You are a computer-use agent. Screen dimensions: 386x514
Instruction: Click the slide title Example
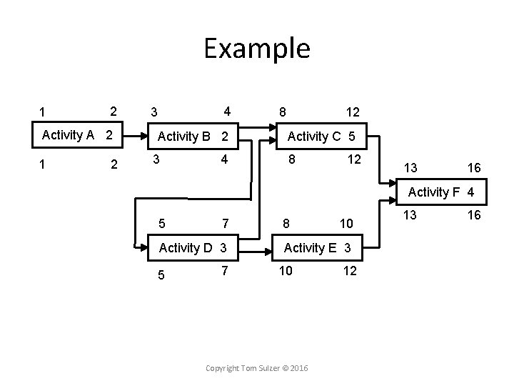(x=256, y=49)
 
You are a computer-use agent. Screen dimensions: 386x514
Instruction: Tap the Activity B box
(x=193, y=136)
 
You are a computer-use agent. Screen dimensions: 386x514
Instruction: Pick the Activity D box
(x=193, y=247)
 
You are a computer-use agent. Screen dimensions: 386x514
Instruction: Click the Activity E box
(x=317, y=247)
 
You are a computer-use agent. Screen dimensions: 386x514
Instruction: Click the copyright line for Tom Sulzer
(x=256, y=367)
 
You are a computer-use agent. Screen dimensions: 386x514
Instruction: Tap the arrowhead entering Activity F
(x=395, y=202)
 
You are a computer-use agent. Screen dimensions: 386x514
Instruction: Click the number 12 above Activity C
(x=352, y=113)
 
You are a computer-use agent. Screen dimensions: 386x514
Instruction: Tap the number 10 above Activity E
(x=346, y=224)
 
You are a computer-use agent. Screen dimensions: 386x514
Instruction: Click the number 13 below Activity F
(x=410, y=214)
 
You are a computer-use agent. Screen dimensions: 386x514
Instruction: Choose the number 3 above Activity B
(x=154, y=113)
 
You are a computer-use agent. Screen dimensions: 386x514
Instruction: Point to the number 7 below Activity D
(x=224, y=271)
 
